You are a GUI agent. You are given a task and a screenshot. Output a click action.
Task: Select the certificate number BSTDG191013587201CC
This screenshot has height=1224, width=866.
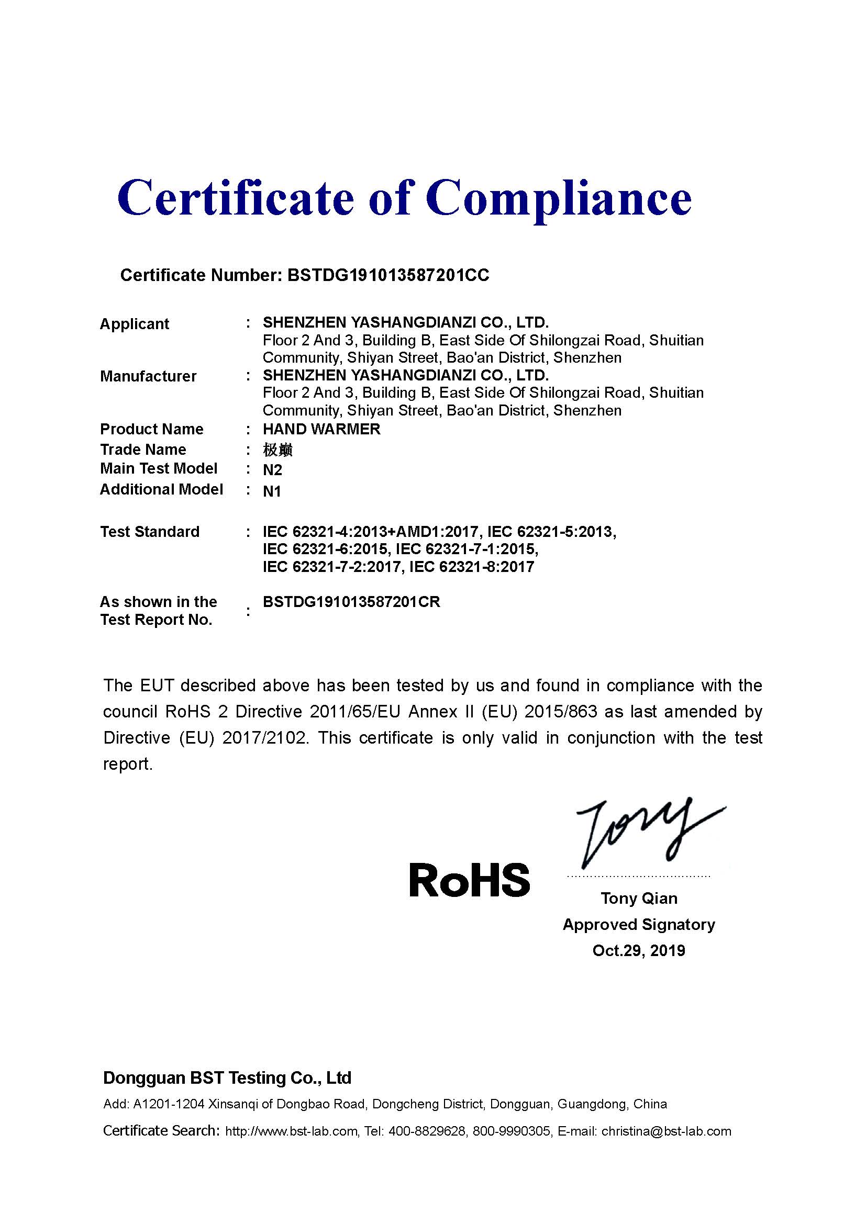387,275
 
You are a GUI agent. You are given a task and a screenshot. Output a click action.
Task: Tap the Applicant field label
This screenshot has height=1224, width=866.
135,324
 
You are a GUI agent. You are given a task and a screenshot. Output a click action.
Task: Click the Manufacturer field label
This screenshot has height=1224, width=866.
148,376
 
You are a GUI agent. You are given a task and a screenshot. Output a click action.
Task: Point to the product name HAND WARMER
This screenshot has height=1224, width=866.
321,429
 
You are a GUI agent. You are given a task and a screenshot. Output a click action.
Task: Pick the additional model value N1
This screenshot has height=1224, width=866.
272,491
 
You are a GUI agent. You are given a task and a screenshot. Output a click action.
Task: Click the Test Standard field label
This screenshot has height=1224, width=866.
150,532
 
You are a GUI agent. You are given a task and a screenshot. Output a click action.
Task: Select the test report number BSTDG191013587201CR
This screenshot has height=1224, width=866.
351,602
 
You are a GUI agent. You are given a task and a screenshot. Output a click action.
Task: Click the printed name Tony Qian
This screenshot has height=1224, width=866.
639,899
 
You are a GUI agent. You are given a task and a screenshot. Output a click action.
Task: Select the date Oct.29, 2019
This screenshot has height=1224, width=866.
639,950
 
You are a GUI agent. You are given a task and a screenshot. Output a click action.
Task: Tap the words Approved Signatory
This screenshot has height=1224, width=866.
639,924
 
